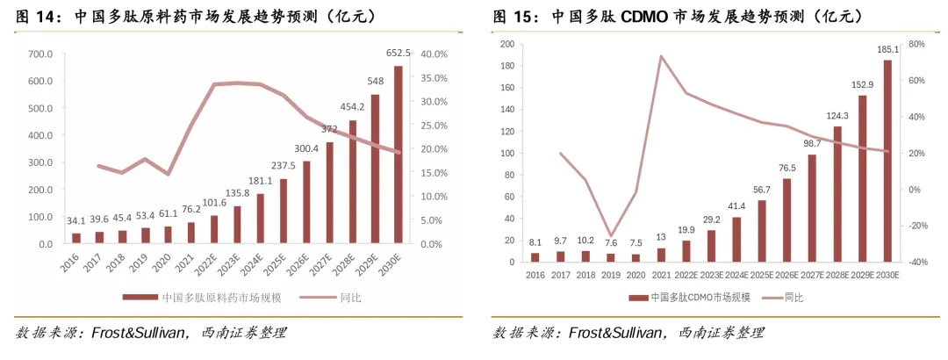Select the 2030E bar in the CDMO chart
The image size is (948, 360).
[x=887, y=161]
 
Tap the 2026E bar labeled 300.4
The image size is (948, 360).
[x=306, y=202]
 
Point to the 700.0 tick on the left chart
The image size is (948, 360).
[x=40, y=54]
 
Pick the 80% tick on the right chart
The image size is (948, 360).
[x=916, y=44]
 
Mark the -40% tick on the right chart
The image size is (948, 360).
[x=916, y=262]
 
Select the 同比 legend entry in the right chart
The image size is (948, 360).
[x=794, y=298]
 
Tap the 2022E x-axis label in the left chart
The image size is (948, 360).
[x=211, y=260]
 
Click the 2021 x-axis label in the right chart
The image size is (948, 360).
[x=658, y=274]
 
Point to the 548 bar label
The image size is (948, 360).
[x=375, y=83]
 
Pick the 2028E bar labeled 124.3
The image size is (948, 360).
[x=838, y=194]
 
